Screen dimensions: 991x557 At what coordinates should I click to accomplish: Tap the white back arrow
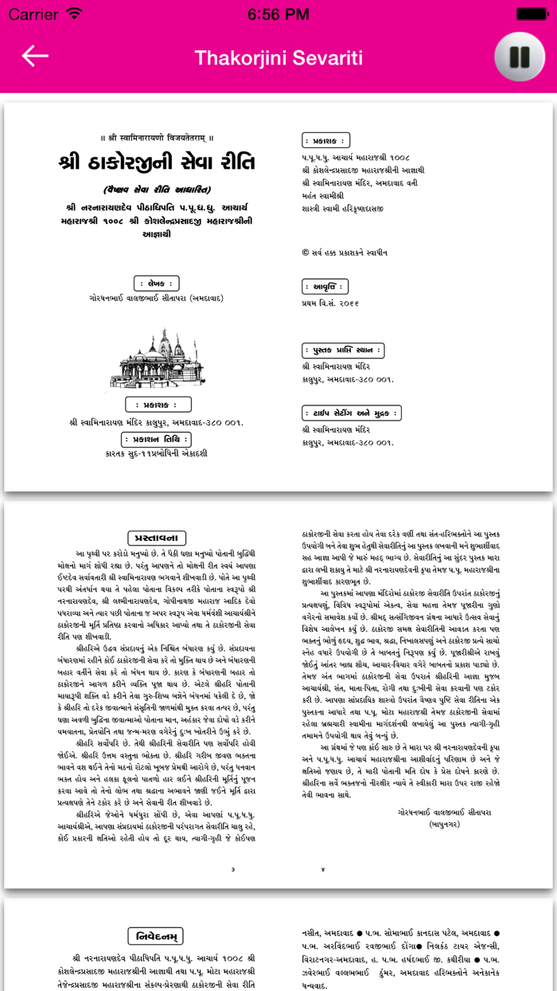(x=35, y=56)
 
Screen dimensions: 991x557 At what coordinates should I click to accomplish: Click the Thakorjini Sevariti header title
(x=278, y=57)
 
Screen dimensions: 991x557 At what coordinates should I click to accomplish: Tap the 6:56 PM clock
(x=278, y=14)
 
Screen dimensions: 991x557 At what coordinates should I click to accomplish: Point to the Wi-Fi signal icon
(x=75, y=14)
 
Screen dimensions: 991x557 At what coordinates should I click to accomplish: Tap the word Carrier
(x=33, y=14)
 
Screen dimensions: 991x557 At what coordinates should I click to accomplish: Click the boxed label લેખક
(x=157, y=283)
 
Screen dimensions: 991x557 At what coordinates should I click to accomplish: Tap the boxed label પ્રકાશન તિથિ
(x=157, y=439)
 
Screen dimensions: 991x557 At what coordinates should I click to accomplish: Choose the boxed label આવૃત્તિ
(x=326, y=286)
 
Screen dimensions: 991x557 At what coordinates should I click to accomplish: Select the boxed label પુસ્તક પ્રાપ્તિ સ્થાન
(x=343, y=351)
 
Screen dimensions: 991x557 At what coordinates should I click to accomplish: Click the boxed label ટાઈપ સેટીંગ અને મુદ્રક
(x=352, y=413)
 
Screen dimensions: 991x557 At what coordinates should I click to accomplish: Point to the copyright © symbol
(x=306, y=253)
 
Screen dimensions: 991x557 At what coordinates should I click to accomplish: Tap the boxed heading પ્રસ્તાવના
(x=157, y=538)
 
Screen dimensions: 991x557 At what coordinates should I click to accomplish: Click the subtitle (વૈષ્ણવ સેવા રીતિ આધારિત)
(x=157, y=190)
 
